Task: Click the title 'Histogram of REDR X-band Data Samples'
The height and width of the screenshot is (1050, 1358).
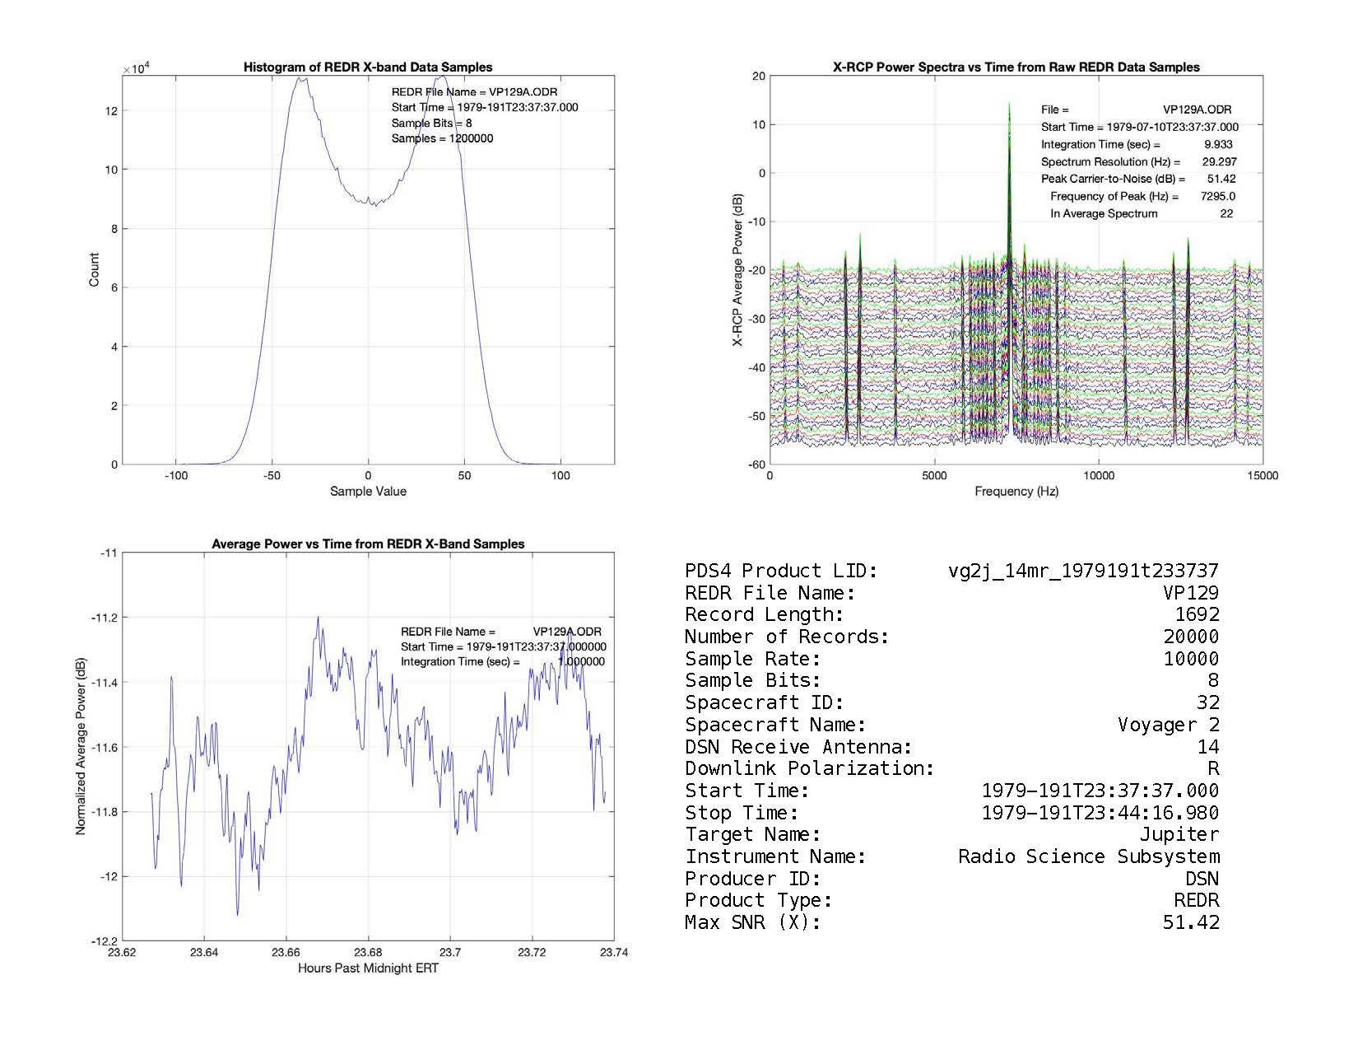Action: click(x=367, y=68)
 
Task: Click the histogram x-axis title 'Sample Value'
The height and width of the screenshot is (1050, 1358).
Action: click(x=368, y=492)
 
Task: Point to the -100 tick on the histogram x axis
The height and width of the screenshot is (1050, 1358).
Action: click(x=175, y=476)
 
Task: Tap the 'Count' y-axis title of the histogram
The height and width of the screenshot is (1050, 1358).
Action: click(x=94, y=270)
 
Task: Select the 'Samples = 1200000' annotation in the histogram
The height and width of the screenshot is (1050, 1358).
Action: click(x=442, y=138)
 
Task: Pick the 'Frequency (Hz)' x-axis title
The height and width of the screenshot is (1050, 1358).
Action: click(x=1016, y=492)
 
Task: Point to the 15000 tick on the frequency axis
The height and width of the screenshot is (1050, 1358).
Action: click(x=1262, y=476)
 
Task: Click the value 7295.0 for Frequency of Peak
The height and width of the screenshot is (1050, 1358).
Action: click(x=1217, y=196)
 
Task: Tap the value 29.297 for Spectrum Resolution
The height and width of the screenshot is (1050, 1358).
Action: click(x=1219, y=161)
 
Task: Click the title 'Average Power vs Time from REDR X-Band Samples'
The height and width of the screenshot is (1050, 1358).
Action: click(x=368, y=544)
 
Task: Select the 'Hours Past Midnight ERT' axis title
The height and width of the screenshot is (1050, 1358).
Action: click(x=368, y=968)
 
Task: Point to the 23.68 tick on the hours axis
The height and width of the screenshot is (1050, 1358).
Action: click(x=368, y=953)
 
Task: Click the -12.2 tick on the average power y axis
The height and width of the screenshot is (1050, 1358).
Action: click(x=108, y=941)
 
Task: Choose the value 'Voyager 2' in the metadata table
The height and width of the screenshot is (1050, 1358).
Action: click(x=1168, y=725)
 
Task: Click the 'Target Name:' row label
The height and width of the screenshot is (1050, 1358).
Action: click(x=752, y=835)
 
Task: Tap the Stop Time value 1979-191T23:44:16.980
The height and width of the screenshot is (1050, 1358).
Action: click(x=1100, y=813)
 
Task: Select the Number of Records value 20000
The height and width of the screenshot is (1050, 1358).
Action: click(x=1191, y=637)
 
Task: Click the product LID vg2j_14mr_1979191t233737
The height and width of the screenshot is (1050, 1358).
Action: click(x=1083, y=571)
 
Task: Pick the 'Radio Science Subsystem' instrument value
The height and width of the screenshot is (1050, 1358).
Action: click(x=1088, y=856)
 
